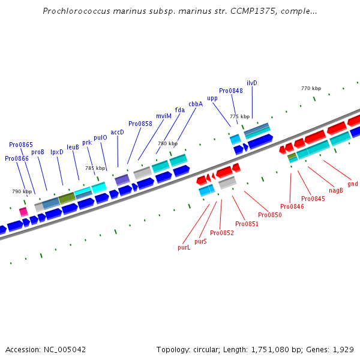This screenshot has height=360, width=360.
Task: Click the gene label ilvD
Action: click(252, 83)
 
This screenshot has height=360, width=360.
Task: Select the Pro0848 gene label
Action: click(231, 91)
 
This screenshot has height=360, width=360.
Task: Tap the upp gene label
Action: click(212, 98)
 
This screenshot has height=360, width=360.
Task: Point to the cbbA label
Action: click(196, 104)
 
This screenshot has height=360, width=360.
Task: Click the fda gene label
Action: click(180, 110)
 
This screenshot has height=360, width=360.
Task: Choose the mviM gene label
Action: click(164, 116)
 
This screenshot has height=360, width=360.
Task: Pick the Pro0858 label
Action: click(140, 124)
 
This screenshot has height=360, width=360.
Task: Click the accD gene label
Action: click(117, 132)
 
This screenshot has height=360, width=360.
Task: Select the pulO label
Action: click(100, 137)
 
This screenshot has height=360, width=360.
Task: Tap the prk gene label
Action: click(87, 142)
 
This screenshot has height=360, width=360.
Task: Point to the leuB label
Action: click(73, 146)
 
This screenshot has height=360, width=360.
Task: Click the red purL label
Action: click(184, 247)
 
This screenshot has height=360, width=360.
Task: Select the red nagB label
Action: click(336, 190)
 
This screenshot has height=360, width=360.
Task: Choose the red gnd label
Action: click(353, 184)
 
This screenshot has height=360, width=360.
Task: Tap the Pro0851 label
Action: click(247, 224)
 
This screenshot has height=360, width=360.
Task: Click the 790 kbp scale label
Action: click(22, 191)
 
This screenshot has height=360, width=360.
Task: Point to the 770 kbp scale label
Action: click(311, 88)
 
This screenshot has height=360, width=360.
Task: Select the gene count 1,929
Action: click(343, 349)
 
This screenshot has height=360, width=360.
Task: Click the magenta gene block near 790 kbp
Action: click(23, 211)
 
